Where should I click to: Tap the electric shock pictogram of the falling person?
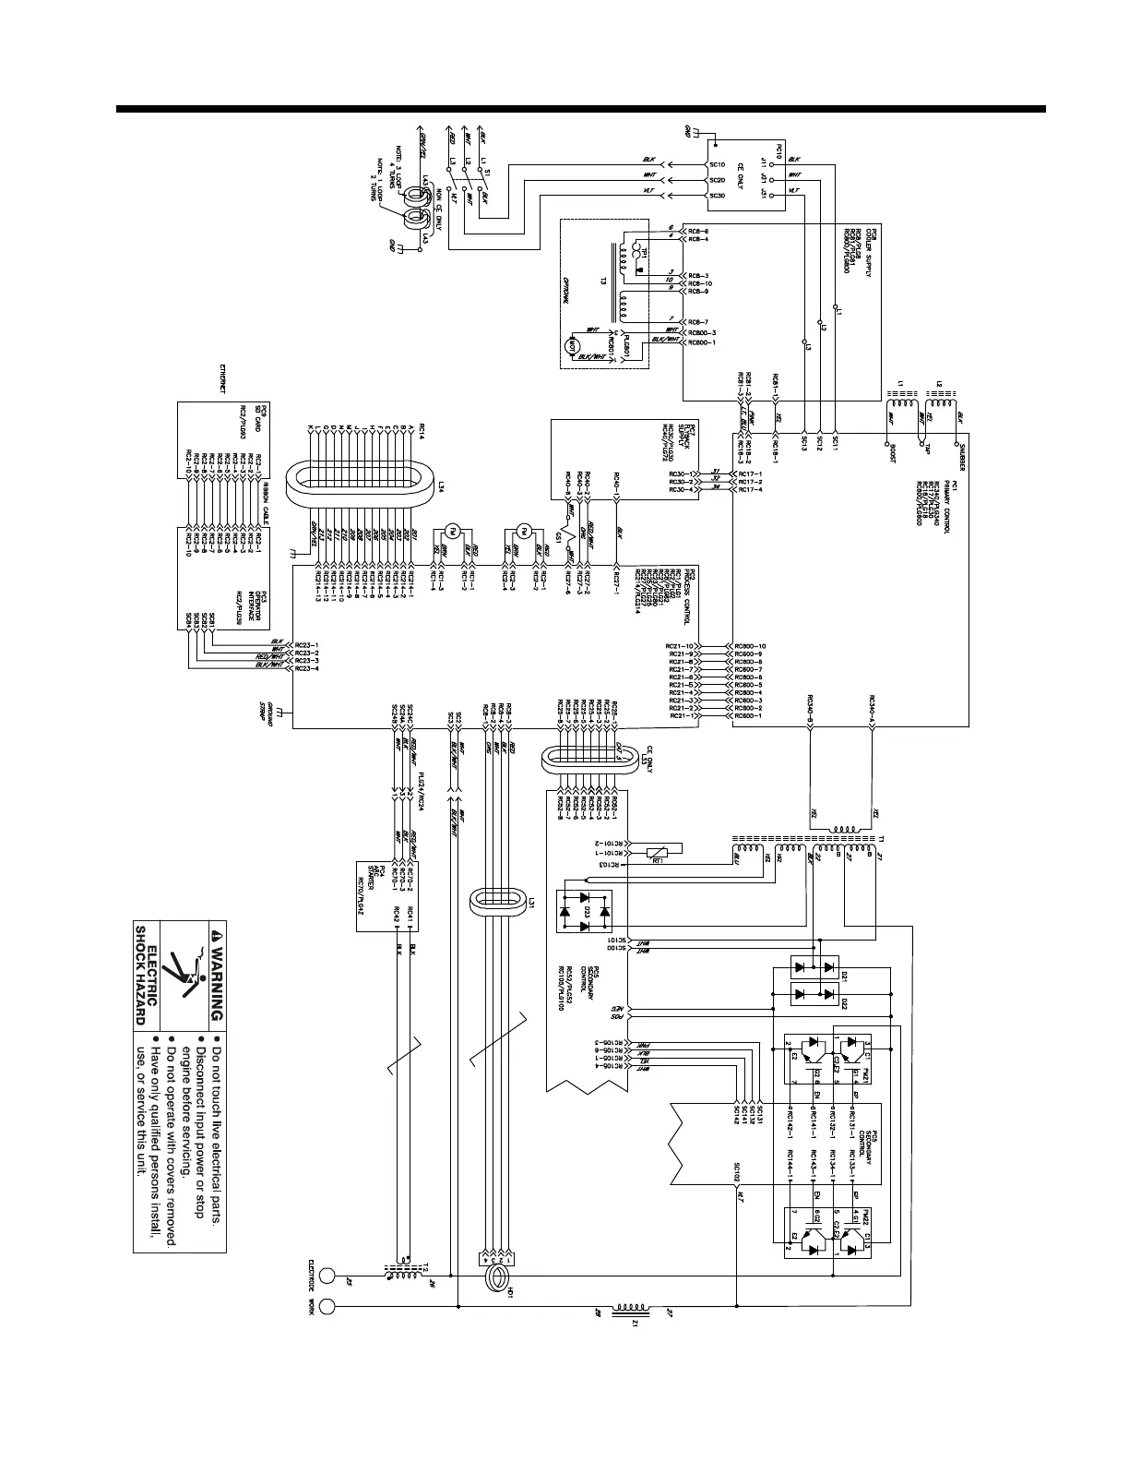coord(188,980)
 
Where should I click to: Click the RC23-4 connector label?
coord(306,668)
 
